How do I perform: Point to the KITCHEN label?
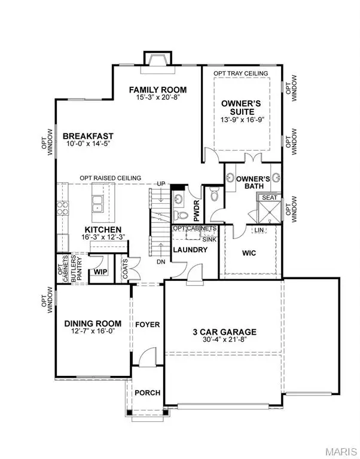[x=103, y=229]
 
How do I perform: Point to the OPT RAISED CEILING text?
[x=111, y=178]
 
